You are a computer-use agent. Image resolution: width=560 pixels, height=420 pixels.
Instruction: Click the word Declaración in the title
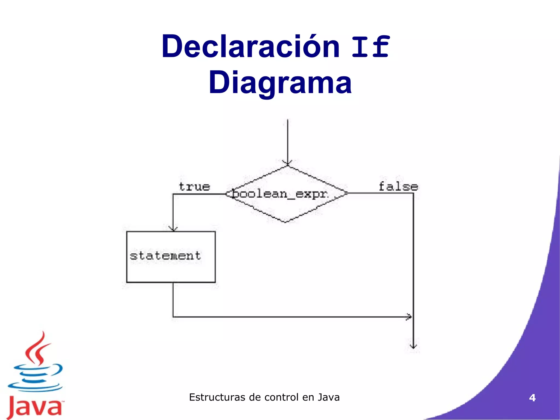coord(250,46)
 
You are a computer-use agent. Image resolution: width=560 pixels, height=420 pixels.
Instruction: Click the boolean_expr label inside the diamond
coord(279,194)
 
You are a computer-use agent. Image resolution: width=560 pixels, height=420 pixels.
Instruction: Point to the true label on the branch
coord(194,187)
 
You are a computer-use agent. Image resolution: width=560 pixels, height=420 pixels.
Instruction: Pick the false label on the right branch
coord(398,187)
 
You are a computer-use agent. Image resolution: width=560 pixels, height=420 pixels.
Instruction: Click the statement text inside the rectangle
coord(165,256)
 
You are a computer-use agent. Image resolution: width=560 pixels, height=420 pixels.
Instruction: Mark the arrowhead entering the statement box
coord(173,229)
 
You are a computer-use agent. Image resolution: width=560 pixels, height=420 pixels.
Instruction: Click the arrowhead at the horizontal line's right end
coord(409,317)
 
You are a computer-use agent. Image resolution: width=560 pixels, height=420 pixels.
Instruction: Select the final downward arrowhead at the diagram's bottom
coord(413,347)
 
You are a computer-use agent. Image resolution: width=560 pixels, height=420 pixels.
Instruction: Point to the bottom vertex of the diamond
coord(285,222)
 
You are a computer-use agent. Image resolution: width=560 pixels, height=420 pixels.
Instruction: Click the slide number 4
coord(532,398)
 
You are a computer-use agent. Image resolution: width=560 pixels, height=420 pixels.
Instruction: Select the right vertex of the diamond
coord(347,193)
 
